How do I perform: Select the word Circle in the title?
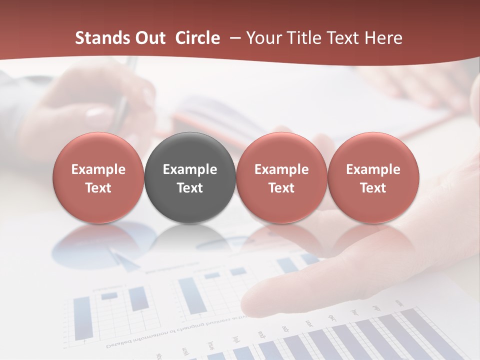point(197,38)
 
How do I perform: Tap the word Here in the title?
point(382,38)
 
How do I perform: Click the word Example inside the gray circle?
point(190,169)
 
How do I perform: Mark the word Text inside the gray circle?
point(190,188)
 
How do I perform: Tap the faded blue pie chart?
point(105,242)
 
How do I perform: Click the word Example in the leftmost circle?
point(98,169)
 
